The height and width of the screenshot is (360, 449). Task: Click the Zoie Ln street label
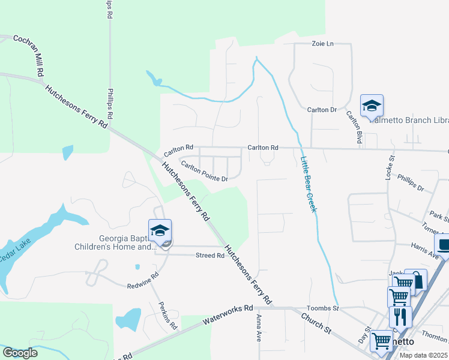pos(322,44)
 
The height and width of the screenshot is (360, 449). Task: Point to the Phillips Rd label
pos(110,105)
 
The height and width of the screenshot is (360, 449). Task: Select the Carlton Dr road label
pos(322,110)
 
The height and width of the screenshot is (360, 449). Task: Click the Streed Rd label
pos(210,256)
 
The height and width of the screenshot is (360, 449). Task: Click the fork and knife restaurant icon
pos(400,316)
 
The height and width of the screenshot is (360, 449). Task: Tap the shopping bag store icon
pos(415,280)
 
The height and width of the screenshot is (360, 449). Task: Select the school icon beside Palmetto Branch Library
pos(372,106)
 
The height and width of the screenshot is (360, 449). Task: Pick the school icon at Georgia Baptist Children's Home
pos(160,230)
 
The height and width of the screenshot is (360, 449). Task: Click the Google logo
pos(20,353)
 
